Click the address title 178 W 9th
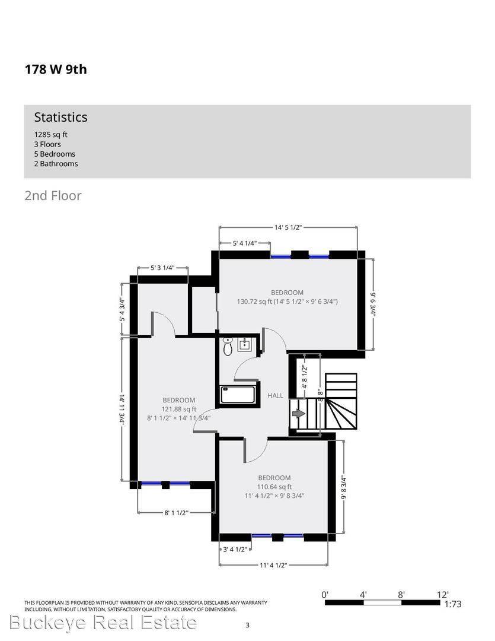coord(55,69)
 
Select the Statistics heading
coord(60,117)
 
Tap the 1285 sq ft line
coord(50,135)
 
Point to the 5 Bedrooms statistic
coord(55,154)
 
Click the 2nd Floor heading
coord(53,195)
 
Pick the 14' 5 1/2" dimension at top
coord(289,227)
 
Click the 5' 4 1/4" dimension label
coord(245,243)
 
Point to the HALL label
coord(275,396)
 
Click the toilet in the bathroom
coord(228,347)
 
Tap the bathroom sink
coord(245,344)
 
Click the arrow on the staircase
coord(298,413)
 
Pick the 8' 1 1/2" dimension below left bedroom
coord(175,513)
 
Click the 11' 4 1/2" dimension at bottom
coord(273,565)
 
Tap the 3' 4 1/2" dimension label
coord(234,549)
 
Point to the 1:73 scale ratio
coord(453,604)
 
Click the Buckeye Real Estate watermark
coord(103,623)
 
